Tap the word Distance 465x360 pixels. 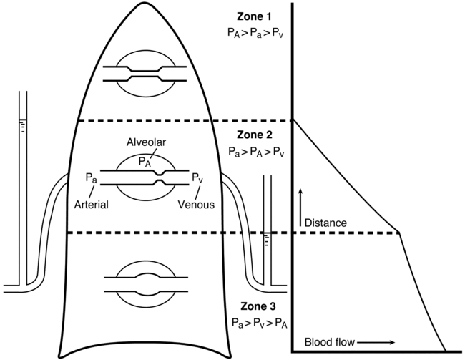coord(325,223)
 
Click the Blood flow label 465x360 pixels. coord(328,342)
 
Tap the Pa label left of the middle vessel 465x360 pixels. coord(91,176)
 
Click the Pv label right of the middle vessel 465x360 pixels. coord(197,176)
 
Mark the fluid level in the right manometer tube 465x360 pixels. coord(268,234)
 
